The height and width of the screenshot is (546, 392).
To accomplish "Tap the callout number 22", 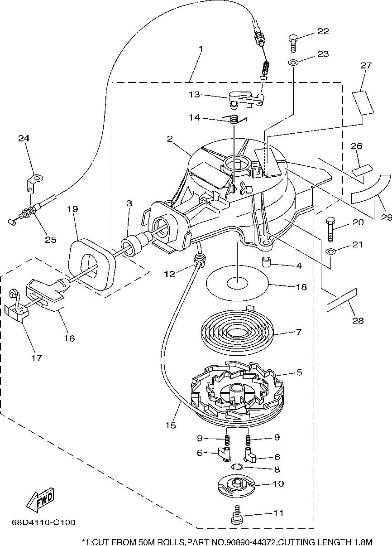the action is coord(323,31).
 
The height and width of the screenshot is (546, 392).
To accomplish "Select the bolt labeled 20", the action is coord(330,229).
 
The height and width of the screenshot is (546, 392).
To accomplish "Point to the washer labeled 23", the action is coord(293,63).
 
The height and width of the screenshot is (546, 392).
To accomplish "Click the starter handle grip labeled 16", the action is coord(46,295).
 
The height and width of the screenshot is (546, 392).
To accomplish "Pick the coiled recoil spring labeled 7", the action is coord(237,333).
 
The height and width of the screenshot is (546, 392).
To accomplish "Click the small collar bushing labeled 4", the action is coord(266,262).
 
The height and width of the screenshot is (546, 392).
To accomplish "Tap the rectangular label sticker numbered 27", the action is coord(363,103).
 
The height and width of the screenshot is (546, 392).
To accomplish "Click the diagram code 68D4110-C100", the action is coord(43,522).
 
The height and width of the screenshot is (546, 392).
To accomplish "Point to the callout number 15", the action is coord(171,425).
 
